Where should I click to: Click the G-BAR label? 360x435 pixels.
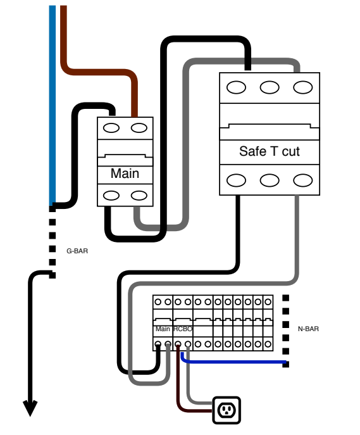[77, 251]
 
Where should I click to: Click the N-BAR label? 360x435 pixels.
[308, 329]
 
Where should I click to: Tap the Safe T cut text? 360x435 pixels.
[270, 151]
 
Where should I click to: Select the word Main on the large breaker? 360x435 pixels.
[125, 173]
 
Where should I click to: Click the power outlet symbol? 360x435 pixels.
[227, 410]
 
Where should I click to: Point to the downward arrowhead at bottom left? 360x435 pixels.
[30, 408]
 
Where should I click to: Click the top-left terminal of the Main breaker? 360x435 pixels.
[111, 128]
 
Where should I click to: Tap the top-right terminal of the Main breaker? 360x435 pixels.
[139, 128]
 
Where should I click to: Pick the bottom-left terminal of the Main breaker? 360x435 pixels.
[111, 196]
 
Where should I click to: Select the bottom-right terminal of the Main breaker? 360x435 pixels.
[139, 196]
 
